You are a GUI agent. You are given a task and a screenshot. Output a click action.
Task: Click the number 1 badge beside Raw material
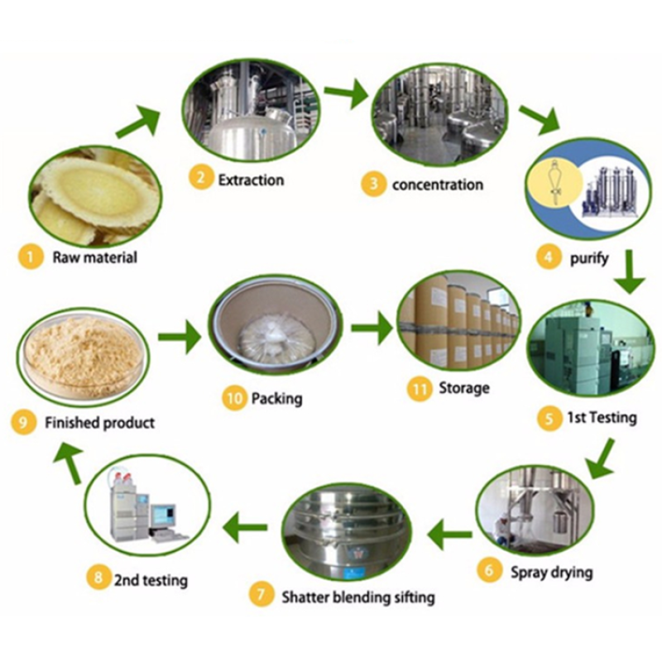(30, 257)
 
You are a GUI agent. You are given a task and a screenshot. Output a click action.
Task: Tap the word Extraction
(251, 180)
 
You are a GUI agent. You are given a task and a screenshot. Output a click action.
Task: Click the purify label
(589, 257)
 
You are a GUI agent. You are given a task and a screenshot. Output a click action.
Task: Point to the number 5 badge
(549, 418)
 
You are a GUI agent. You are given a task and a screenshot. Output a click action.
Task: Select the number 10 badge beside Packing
(234, 399)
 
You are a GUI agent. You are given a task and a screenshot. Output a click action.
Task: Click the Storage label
(464, 387)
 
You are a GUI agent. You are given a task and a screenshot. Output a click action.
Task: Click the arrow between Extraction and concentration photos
(345, 94)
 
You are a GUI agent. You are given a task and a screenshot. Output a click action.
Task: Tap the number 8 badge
(98, 578)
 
